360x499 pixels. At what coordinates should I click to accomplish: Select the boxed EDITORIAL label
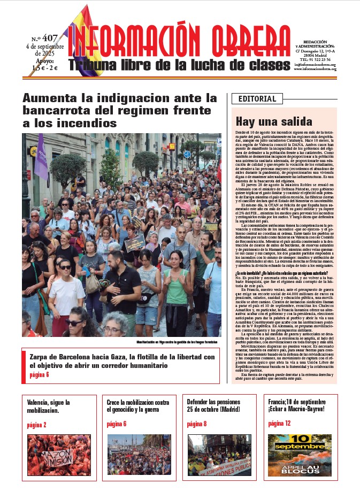257,99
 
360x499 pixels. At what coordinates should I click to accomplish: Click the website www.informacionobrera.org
315,69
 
